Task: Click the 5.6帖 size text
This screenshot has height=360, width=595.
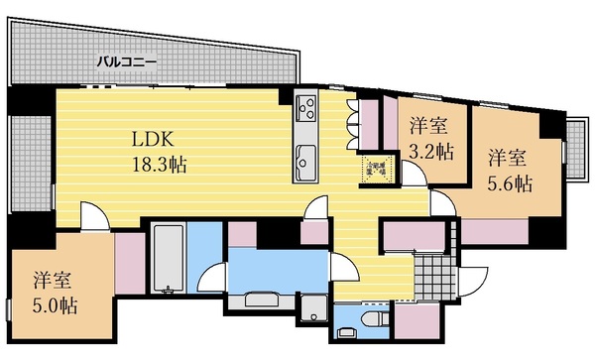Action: tap(509, 183)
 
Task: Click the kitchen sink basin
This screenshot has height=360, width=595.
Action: tap(304, 156)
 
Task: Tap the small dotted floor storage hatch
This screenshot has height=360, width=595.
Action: tap(375, 168)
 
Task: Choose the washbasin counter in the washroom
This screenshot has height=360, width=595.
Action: tap(262, 300)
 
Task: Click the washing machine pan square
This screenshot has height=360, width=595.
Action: tap(314, 309)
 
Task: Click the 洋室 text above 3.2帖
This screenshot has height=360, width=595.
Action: tap(430, 127)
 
